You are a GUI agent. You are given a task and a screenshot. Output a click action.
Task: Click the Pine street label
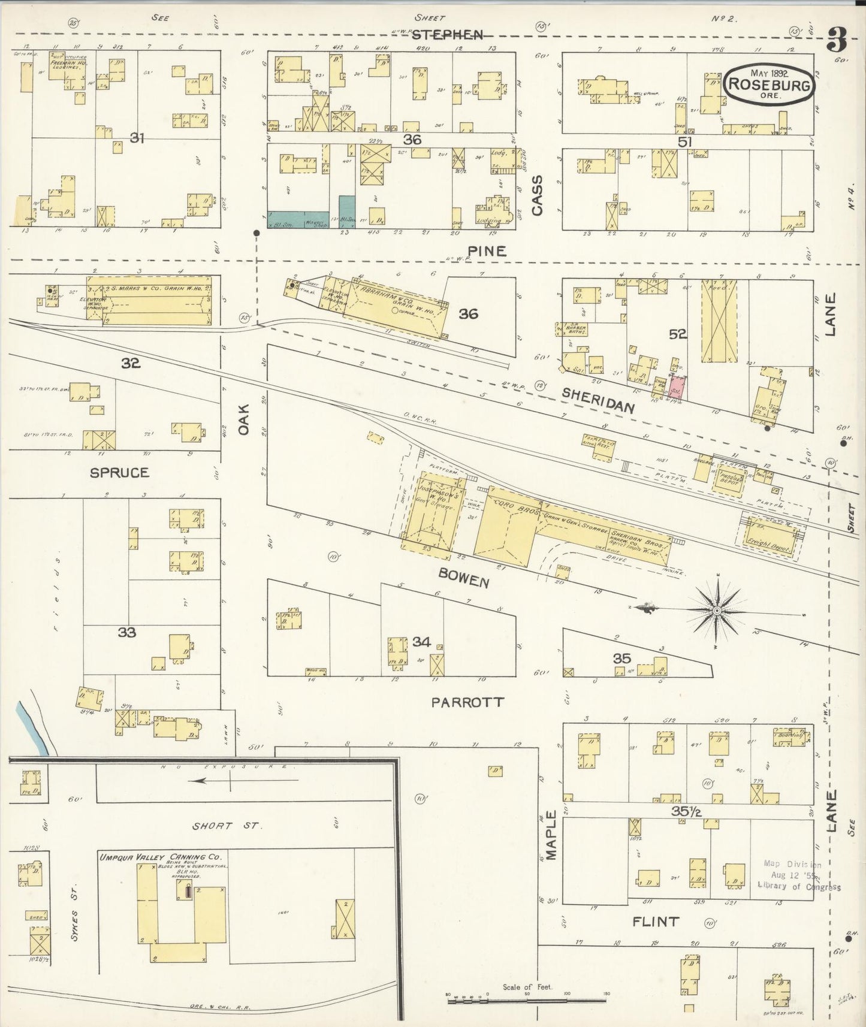pos(487,251)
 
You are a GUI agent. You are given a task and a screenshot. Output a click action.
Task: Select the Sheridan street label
pos(598,399)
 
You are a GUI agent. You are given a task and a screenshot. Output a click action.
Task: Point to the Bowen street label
pos(463,578)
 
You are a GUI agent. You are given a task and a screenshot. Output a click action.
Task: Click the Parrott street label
pos(467,702)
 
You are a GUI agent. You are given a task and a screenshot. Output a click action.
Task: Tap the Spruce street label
pos(119,473)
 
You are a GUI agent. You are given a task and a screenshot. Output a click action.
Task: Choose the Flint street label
pos(656,921)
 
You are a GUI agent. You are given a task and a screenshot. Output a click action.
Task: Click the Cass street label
pos(537,195)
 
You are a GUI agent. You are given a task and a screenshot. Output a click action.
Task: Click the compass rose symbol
pos(716,610)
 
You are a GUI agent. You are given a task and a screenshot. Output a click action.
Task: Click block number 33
pos(126,632)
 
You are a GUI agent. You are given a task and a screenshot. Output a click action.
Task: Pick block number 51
pos(684,142)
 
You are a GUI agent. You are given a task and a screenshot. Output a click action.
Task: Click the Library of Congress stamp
pos(798,875)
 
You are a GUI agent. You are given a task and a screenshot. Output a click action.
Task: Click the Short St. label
pos(226,826)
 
